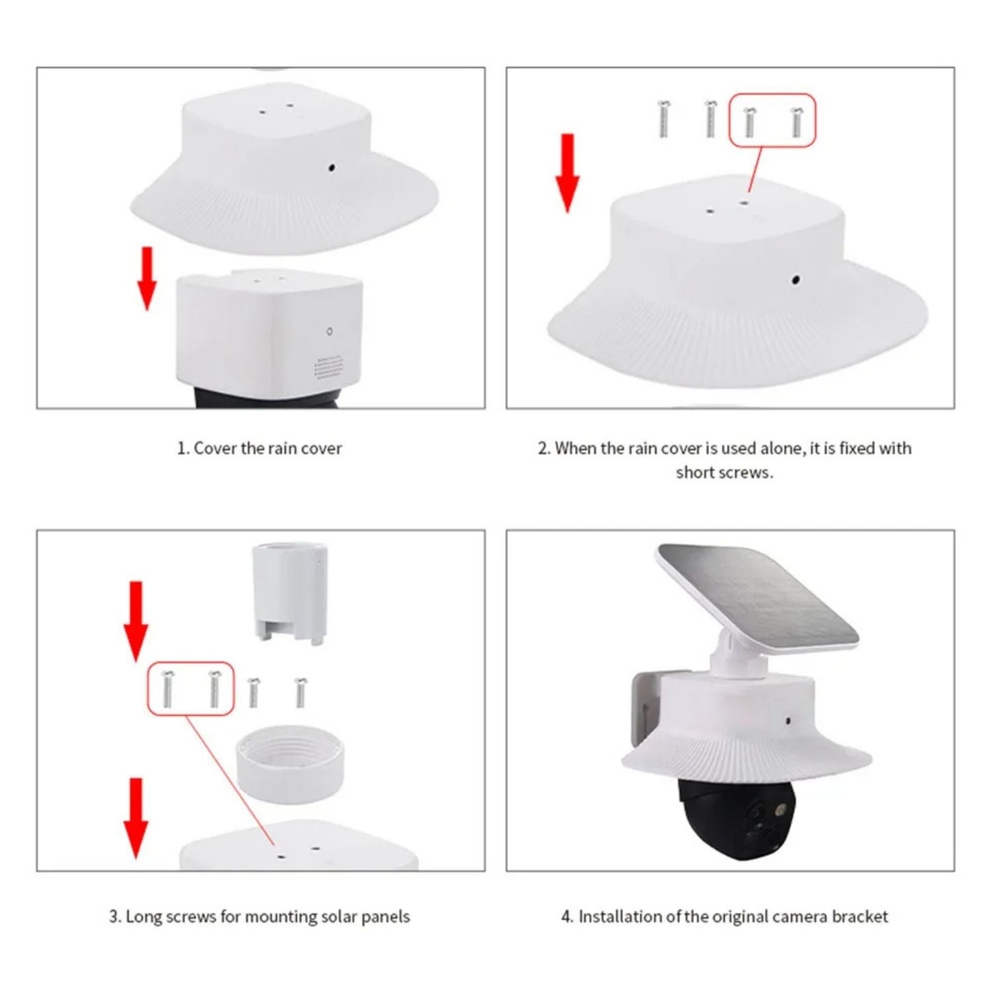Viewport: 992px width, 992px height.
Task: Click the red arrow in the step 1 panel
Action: (147, 278)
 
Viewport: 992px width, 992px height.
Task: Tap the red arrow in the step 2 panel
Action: (567, 173)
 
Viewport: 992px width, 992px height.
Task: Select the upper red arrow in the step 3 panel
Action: (136, 621)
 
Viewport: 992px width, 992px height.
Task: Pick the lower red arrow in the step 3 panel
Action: (136, 818)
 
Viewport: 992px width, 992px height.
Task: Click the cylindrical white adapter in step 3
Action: (289, 593)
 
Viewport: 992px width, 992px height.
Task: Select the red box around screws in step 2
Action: (772, 120)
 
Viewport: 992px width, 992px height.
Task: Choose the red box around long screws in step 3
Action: (190, 688)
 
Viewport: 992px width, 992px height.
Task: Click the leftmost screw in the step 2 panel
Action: (663, 119)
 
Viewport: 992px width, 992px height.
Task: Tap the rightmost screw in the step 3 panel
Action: (300, 692)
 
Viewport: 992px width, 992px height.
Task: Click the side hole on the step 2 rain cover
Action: (796, 280)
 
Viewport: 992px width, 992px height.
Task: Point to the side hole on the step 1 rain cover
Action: (331, 167)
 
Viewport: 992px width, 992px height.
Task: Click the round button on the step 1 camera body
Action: (329, 331)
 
